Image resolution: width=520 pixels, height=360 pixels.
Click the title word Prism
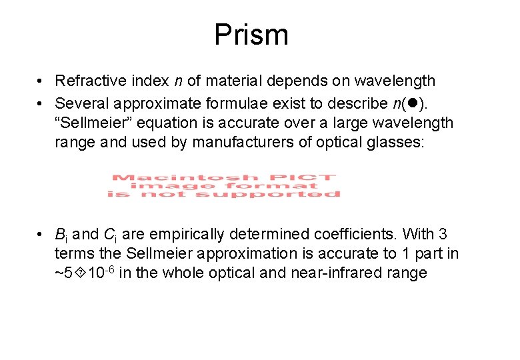click(x=251, y=35)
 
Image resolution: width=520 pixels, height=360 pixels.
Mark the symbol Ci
click(x=111, y=235)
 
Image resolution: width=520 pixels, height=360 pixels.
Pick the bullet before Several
click(x=41, y=103)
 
